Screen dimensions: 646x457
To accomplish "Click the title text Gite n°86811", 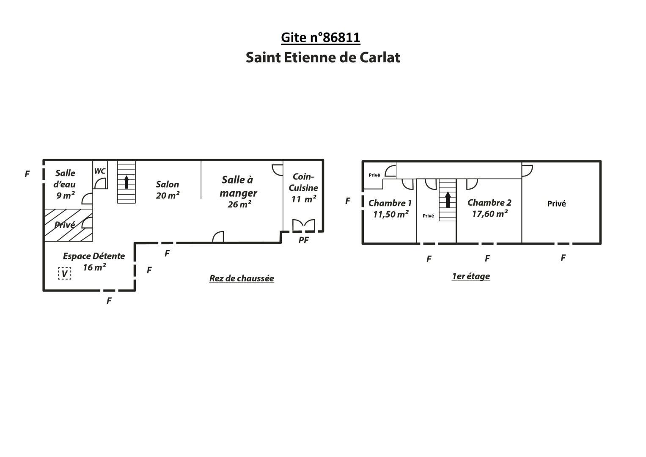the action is point(320,38).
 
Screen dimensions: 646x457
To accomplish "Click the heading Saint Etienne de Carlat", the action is point(323,58).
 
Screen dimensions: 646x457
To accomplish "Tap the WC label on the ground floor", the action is point(100,171).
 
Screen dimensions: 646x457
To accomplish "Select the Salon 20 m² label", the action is point(168,190).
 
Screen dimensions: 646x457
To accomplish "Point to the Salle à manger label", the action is point(238,192).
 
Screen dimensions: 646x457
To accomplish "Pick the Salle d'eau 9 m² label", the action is point(65,184).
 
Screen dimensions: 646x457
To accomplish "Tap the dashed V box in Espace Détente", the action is point(65,273).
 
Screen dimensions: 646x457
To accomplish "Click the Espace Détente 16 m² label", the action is point(94,262).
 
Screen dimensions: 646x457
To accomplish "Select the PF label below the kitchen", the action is point(303,240).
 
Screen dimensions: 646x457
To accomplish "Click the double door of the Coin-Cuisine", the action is point(304,225).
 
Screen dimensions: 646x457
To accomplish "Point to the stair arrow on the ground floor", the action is point(126,182).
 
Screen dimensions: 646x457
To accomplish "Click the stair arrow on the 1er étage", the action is point(448,200).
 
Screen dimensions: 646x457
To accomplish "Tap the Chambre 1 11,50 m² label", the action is point(390,209).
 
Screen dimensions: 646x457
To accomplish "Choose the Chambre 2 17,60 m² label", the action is point(489,208).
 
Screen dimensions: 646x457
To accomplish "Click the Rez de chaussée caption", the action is point(242,278).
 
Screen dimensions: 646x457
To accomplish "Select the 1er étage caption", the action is point(471,276).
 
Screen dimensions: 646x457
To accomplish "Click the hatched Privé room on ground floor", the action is point(69,225).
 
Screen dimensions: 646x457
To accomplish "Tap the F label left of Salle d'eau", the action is point(27,174).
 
